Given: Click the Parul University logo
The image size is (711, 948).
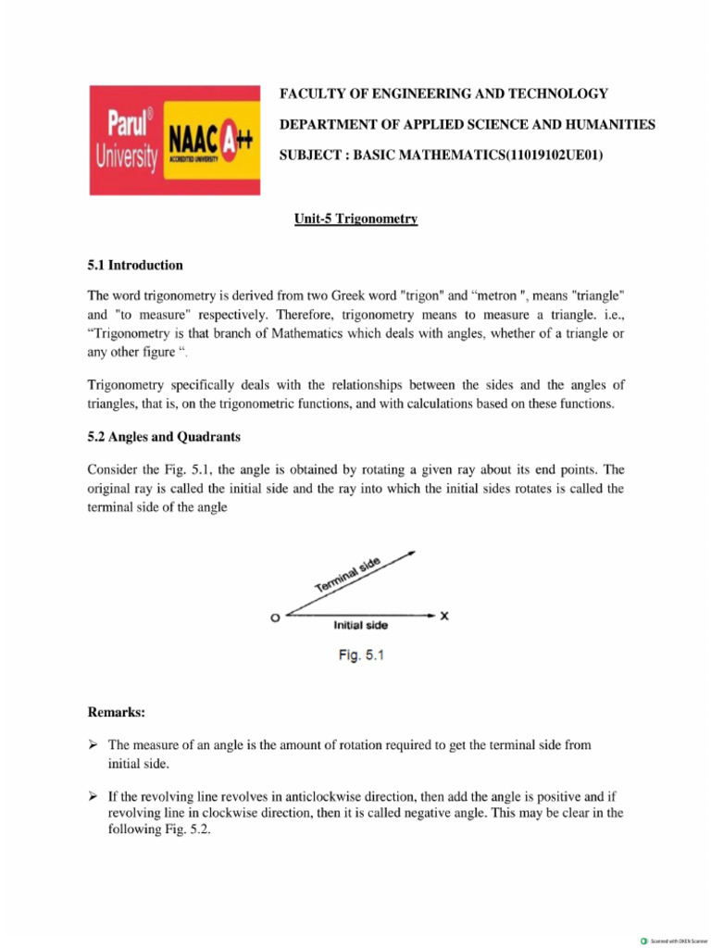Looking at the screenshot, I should click(127, 141).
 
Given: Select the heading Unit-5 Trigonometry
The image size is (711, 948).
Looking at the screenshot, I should click(355, 219).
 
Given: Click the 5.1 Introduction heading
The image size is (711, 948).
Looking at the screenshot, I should click(135, 265).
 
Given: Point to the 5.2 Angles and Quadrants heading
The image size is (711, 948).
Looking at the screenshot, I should click(164, 436).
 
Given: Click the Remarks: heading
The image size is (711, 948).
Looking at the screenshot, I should click(117, 712).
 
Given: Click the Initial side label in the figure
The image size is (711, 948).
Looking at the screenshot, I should click(360, 625).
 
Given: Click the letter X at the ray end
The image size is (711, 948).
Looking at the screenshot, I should click(444, 615).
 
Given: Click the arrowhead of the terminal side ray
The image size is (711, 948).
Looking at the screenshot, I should click(411, 555).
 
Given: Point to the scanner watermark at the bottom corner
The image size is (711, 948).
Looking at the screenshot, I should click(674, 940).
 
